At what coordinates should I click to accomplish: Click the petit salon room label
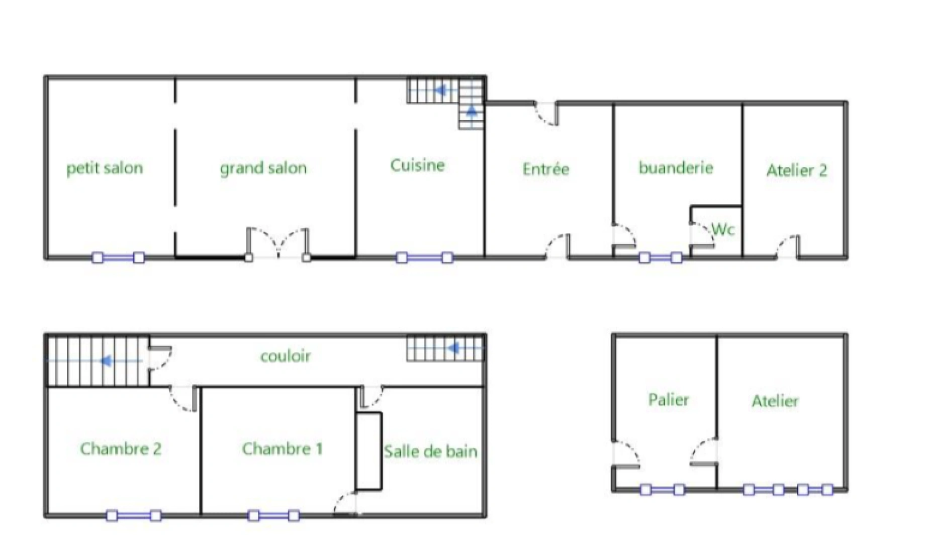point(105,168)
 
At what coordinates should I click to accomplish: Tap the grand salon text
point(263,168)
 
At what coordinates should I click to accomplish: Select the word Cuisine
point(417,165)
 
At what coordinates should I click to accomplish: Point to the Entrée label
point(546,169)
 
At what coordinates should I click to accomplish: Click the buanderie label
point(676,167)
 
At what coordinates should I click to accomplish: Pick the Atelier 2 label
point(796,170)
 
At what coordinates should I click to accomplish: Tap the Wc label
point(723,230)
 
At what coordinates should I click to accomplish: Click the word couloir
point(286,356)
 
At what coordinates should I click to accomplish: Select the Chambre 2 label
point(121,448)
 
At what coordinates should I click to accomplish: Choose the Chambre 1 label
point(282,448)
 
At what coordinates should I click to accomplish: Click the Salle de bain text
point(430,451)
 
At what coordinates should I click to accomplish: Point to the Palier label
point(668,400)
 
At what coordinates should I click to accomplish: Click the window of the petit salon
point(118,258)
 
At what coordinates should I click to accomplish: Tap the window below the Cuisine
point(424,258)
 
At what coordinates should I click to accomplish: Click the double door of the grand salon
point(277,244)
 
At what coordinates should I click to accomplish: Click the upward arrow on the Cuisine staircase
point(472,111)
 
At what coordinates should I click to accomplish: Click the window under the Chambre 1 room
point(273,515)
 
